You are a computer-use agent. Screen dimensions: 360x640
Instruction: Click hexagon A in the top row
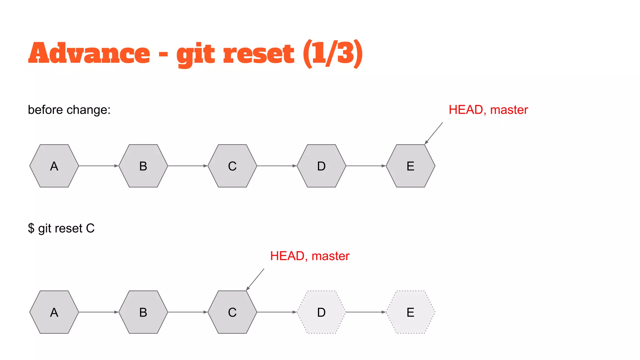point(54,166)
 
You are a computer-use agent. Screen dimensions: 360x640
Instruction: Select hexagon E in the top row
point(410,166)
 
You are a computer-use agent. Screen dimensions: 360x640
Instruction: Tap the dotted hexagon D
point(321,312)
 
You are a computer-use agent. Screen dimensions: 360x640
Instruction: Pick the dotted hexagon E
point(410,312)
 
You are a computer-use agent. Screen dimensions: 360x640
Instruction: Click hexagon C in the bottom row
point(232,312)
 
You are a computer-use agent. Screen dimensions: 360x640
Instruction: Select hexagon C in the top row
point(232,166)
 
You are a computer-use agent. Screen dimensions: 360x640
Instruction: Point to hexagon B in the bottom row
point(143,312)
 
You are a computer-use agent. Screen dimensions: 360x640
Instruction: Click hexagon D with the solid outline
point(321,166)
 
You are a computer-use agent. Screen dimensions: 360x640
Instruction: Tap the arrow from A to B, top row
point(98,166)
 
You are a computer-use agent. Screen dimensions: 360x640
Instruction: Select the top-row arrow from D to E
point(366,166)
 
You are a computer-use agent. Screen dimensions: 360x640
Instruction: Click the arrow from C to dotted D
point(277,312)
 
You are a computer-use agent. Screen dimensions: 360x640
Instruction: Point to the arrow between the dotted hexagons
point(366,312)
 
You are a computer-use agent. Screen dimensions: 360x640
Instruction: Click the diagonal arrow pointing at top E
point(434,133)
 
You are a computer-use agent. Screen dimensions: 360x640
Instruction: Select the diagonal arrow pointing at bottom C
point(255,279)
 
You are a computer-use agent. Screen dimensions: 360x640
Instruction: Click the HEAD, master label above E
point(488,110)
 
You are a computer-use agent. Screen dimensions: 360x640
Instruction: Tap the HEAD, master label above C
point(310,256)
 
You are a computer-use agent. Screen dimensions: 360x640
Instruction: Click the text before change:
point(69,110)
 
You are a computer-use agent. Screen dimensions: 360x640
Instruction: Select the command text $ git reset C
point(61,228)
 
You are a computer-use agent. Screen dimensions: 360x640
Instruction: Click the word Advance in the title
point(89,53)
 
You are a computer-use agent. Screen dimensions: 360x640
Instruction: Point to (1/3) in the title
point(333,53)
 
